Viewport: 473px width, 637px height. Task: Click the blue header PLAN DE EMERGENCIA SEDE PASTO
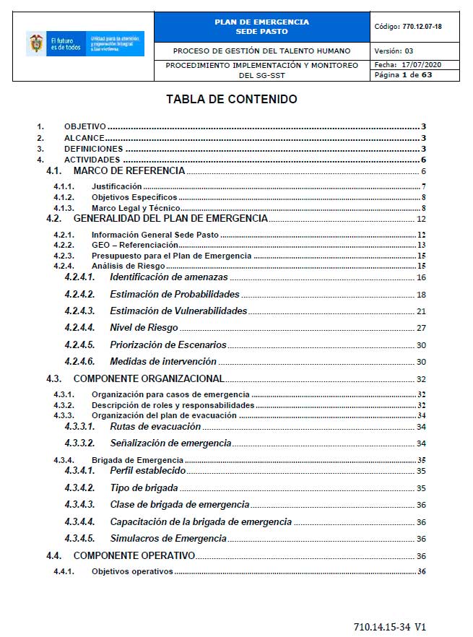click(261, 27)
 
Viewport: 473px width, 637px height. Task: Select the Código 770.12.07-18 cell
click(414, 27)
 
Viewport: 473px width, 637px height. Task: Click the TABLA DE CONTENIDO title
click(231, 100)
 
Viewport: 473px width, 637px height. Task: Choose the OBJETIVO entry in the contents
click(84, 126)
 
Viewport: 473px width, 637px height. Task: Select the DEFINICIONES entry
click(93, 149)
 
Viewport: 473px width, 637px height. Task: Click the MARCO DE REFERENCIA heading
click(129, 171)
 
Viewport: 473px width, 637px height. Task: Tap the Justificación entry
click(116, 186)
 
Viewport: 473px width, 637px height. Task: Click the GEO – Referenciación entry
click(134, 245)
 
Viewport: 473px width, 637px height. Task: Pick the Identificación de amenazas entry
click(168, 277)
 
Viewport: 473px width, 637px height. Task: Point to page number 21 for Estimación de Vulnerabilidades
click(421, 311)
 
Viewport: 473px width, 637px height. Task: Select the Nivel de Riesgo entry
click(144, 328)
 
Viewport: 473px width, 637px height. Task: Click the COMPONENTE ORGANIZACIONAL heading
click(149, 378)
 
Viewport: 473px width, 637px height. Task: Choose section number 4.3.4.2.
click(79, 488)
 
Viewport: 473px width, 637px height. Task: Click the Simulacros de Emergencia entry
click(168, 538)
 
